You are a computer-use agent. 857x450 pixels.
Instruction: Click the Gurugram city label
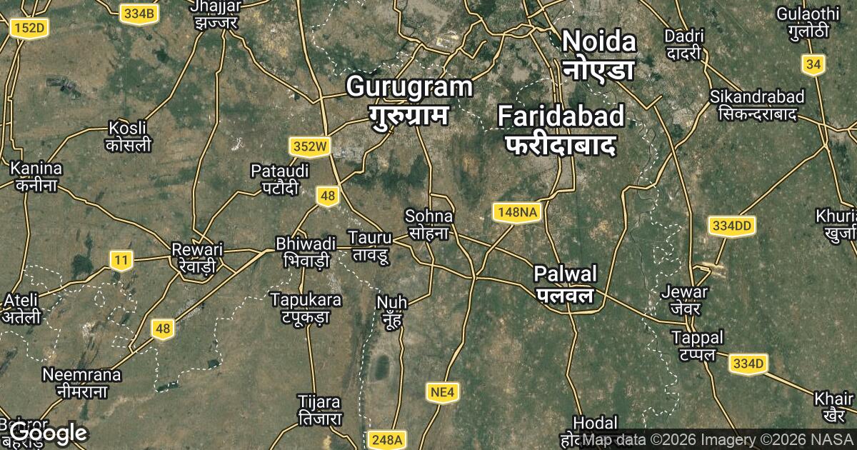(409, 100)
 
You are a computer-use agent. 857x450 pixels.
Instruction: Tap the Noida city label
(598, 54)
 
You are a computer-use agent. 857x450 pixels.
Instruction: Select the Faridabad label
(561, 129)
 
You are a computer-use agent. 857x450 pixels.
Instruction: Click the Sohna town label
(428, 224)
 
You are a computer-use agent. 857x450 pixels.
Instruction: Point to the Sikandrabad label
(757, 104)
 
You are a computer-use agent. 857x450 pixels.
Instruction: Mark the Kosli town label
(128, 136)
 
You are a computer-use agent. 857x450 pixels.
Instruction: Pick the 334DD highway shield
(732, 226)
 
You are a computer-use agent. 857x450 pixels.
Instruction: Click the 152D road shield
(29, 28)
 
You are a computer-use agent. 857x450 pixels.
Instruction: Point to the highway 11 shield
(121, 259)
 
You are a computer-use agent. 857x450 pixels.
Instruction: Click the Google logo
(49, 433)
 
